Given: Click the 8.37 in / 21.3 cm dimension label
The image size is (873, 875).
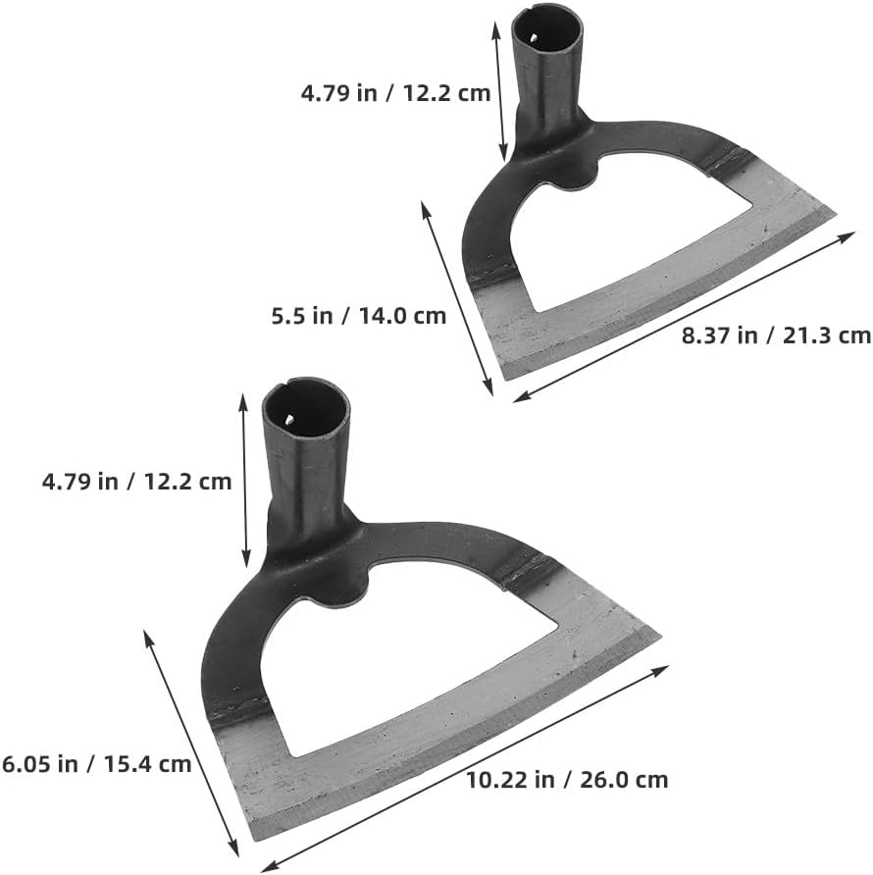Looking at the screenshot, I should (x=776, y=335).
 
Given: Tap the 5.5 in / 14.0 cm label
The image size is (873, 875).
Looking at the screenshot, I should (x=358, y=316).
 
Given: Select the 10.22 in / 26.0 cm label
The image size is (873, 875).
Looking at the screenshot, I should (x=567, y=780).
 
